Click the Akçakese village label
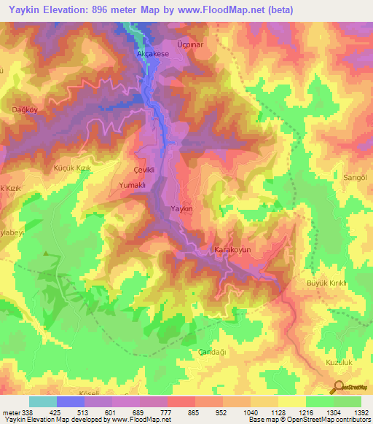point(152,54)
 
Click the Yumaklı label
point(133,186)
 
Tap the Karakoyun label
point(232,250)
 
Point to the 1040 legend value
point(250,412)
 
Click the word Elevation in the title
point(70,9)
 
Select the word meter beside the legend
point(10,412)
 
